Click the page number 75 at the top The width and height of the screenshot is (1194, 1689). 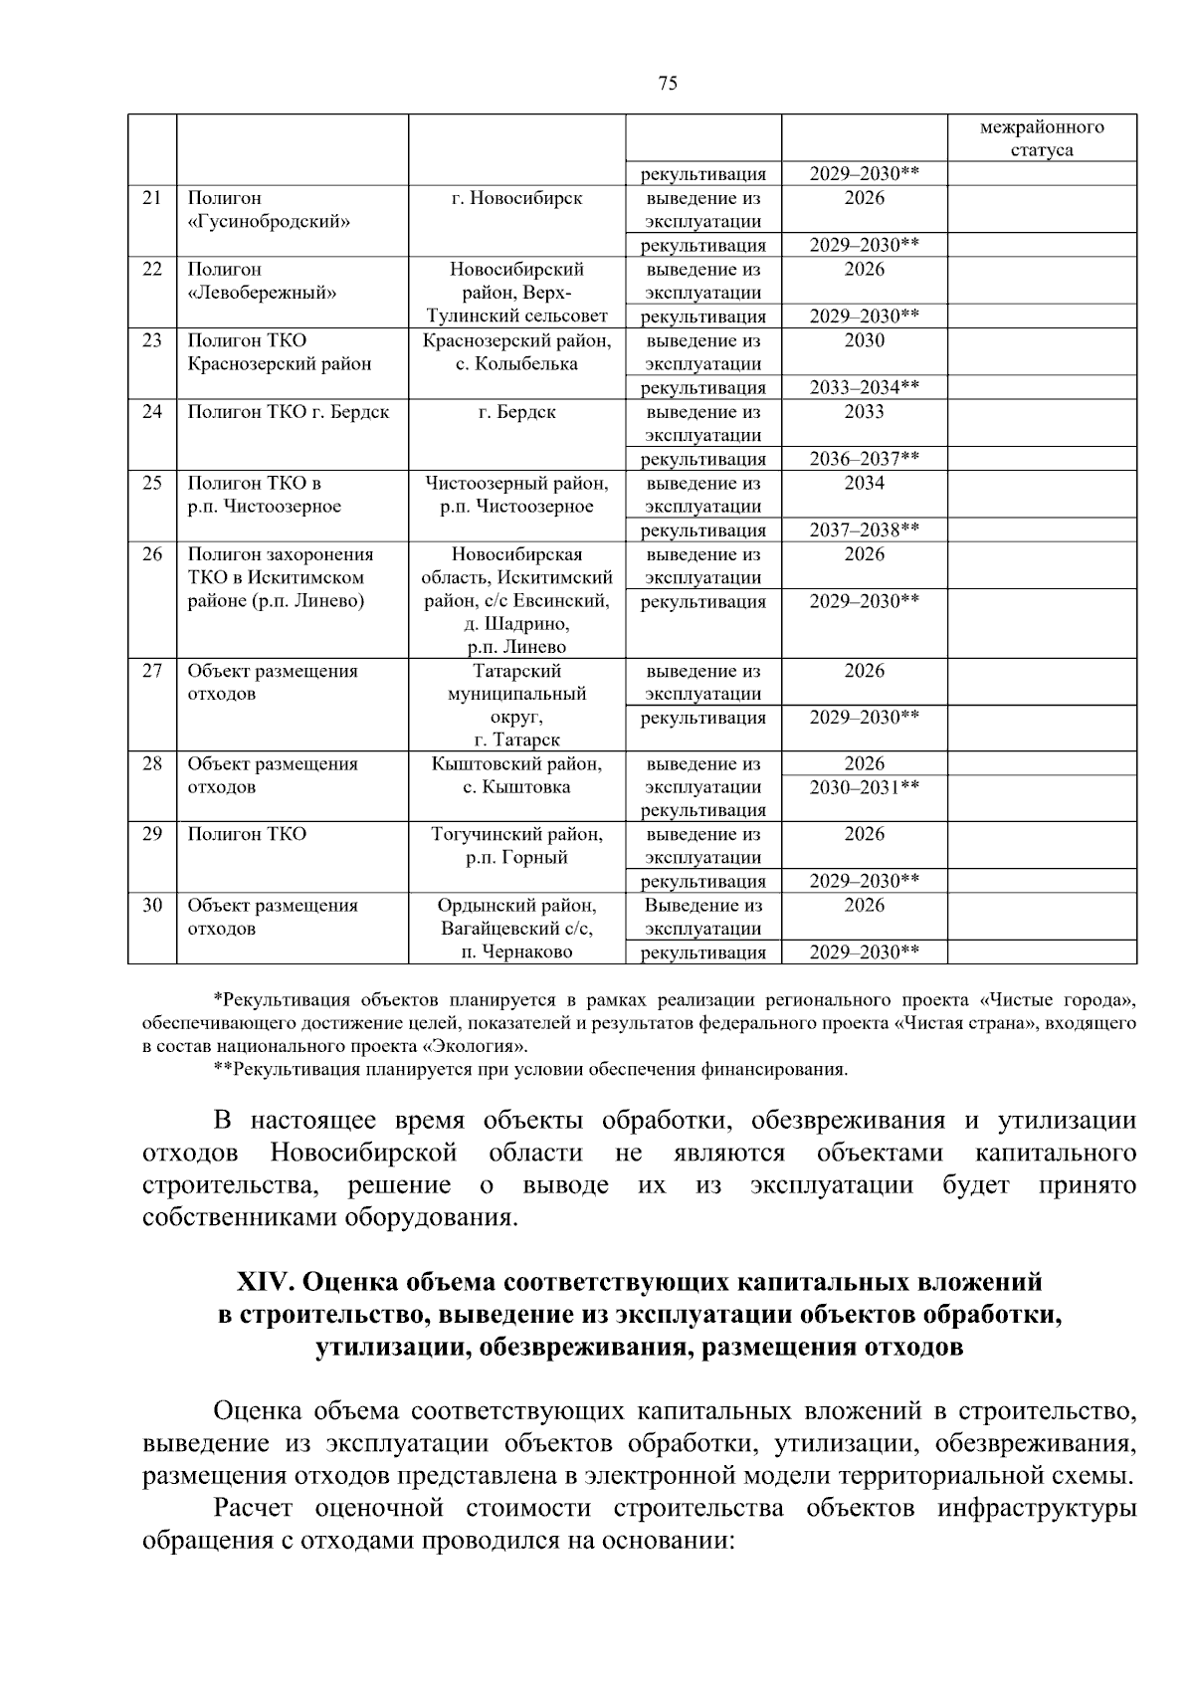click(x=668, y=84)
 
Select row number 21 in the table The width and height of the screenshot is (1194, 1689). click(x=151, y=198)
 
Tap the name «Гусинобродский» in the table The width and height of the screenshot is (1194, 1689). click(x=269, y=222)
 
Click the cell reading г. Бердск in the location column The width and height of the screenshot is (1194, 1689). click(x=516, y=412)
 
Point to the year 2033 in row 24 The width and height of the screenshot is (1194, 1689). click(x=864, y=412)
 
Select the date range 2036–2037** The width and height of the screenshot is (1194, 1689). click(x=864, y=459)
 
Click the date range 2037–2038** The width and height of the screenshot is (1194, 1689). click(x=864, y=530)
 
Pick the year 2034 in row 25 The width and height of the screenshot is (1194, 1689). click(x=864, y=484)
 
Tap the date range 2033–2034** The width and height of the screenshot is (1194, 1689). click(x=864, y=388)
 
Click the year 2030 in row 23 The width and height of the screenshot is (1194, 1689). click(x=864, y=340)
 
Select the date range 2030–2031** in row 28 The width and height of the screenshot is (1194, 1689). click(x=864, y=787)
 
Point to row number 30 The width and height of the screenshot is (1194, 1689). click(x=151, y=906)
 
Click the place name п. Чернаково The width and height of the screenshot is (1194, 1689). click(x=516, y=952)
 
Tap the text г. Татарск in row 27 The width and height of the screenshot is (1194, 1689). click(x=516, y=739)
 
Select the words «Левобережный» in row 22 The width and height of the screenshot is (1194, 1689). click(x=262, y=293)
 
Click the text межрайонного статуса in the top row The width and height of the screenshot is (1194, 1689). click(x=1041, y=138)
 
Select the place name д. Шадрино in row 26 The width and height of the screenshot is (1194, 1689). click(x=516, y=624)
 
